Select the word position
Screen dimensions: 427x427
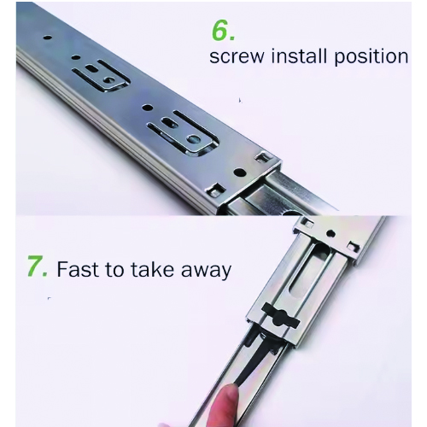click(x=371, y=56)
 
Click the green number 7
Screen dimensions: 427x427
click(x=38, y=266)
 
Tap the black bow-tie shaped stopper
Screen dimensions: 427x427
click(x=280, y=317)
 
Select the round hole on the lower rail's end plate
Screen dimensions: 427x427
click(x=330, y=233)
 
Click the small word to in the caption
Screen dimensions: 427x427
click(x=114, y=269)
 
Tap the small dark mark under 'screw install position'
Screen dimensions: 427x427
click(x=240, y=100)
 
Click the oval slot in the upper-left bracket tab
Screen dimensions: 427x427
click(x=91, y=68)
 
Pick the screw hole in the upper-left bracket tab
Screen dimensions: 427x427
click(x=108, y=80)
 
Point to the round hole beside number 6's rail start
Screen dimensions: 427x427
click(x=48, y=38)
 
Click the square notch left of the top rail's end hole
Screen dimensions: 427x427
click(x=216, y=190)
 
